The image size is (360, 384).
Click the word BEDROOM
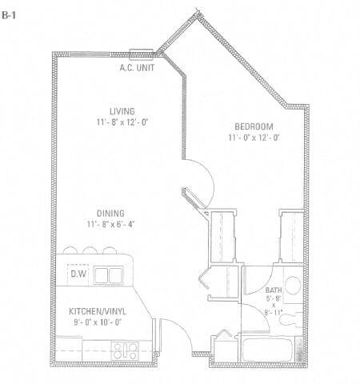[254, 126]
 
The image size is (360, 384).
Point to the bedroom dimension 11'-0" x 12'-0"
[254, 138]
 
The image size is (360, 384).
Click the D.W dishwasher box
[78, 274]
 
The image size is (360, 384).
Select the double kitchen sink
[108, 275]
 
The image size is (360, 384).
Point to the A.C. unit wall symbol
[141, 55]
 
